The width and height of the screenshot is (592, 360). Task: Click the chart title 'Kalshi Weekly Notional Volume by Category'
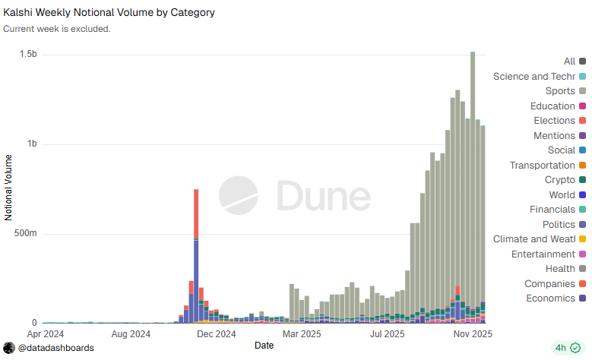(x=109, y=13)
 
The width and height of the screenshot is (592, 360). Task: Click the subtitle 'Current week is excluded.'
(x=57, y=29)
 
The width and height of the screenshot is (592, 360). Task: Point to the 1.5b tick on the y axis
(x=28, y=55)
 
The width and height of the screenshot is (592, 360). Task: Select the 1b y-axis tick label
(x=31, y=144)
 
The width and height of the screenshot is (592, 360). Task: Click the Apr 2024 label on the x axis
(x=46, y=333)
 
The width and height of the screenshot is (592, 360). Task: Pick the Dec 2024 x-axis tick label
(x=216, y=333)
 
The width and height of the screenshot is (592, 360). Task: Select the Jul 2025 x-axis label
(x=387, y=333)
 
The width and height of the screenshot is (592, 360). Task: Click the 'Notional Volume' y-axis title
(x=9, y=187)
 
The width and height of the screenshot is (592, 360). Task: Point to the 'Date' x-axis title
(x=264, y=346)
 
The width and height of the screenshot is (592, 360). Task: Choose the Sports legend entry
(x=560, y=91)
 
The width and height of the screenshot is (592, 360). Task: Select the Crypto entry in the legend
(x=560, y=180)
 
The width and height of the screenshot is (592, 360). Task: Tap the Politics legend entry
(x=559, y=225)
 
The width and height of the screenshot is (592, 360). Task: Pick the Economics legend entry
(x=550, y=298)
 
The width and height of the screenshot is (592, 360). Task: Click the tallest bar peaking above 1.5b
(x=473, y=152)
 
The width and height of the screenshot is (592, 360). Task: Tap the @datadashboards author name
(x=56, y=348)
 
